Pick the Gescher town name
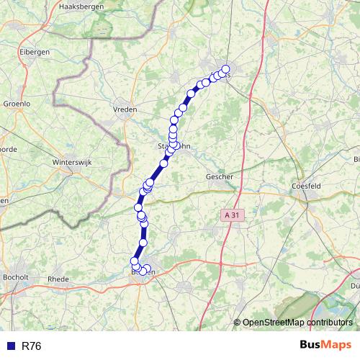(x=219, y=176)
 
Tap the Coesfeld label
(x=311, y=184)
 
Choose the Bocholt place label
(x=15, y=277)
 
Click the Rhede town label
(x=58, y=278)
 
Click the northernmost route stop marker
(x=225, y=69)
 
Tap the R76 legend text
(x=32, y=346)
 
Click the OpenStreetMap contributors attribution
(x=297, y=323)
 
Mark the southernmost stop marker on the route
(x=143, y=272)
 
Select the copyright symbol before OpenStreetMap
(x=238, y=323)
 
